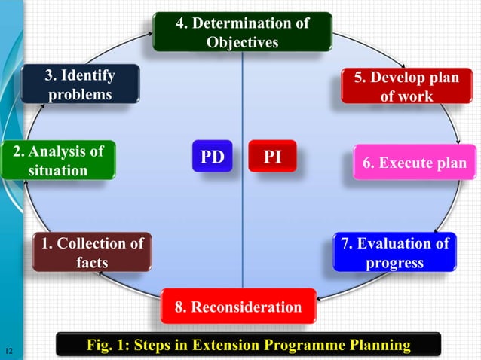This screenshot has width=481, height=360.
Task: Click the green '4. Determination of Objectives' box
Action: (242, 32)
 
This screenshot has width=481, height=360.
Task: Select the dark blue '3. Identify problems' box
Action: (80, 85)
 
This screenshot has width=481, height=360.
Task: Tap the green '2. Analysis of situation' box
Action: (58, 160)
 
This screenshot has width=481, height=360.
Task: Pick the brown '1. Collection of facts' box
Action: (91, 252)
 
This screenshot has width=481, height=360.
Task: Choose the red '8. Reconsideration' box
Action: (238, 307)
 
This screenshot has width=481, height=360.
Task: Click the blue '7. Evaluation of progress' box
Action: (394, 252)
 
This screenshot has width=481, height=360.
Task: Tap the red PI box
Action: (273, 156)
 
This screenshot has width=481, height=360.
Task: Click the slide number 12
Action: (9, 350)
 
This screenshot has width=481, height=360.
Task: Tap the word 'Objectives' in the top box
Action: (242, 41)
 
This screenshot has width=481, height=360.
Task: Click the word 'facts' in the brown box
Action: (91, 263)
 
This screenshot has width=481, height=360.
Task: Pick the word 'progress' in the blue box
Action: (394, 263)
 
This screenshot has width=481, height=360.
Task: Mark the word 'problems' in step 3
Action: (80, 95)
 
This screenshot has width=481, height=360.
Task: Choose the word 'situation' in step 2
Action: (58, 171)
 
